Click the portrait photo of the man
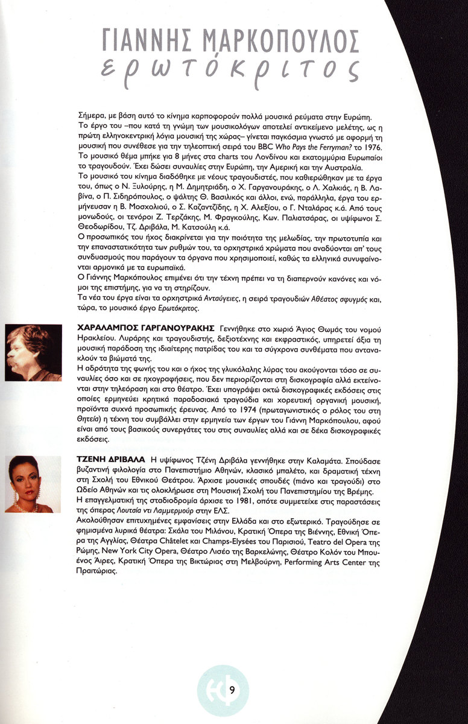pos(34,353)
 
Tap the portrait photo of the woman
pos(33,484)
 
